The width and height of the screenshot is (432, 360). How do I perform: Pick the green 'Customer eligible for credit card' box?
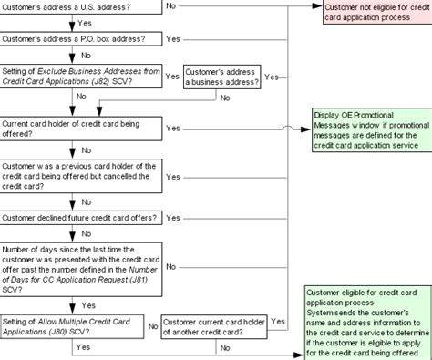[x=367, y=321]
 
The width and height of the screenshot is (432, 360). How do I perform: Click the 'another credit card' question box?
[x=214, y=326]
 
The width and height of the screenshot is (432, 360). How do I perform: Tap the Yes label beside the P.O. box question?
[x=173, y=39]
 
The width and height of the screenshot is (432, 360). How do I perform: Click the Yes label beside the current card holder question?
[x=173, y=129]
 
